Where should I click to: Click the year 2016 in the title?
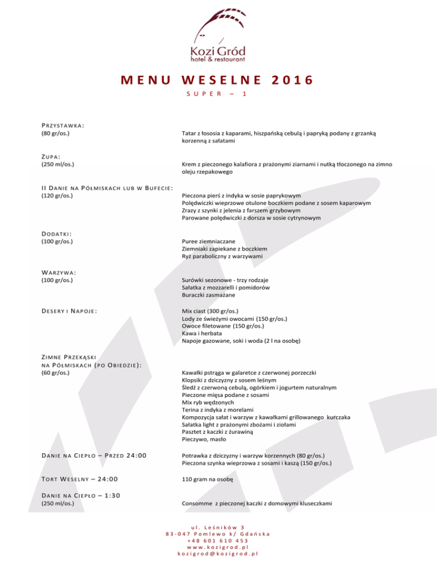pyautogui.click(x=287, y=80)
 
